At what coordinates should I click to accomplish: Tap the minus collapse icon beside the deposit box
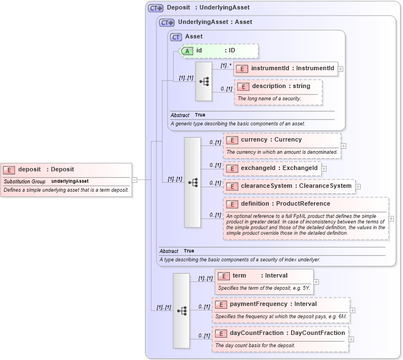[135, 179]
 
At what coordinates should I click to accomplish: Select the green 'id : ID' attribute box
[219, 51]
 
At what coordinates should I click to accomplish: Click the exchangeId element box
[272, 168]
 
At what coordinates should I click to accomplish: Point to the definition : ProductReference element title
[285, 204]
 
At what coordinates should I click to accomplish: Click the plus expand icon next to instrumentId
[341, 69]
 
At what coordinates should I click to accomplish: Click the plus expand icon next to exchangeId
[324, 168]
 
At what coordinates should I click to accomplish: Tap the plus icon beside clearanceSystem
[358, 187]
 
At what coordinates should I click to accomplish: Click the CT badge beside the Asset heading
[176, 37]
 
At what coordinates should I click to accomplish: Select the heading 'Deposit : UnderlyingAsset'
[208, 8]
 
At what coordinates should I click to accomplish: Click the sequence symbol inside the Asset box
[203, 81]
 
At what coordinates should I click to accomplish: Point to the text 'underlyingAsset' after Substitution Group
[70, 181]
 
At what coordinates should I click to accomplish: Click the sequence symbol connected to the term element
[181, 310]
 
